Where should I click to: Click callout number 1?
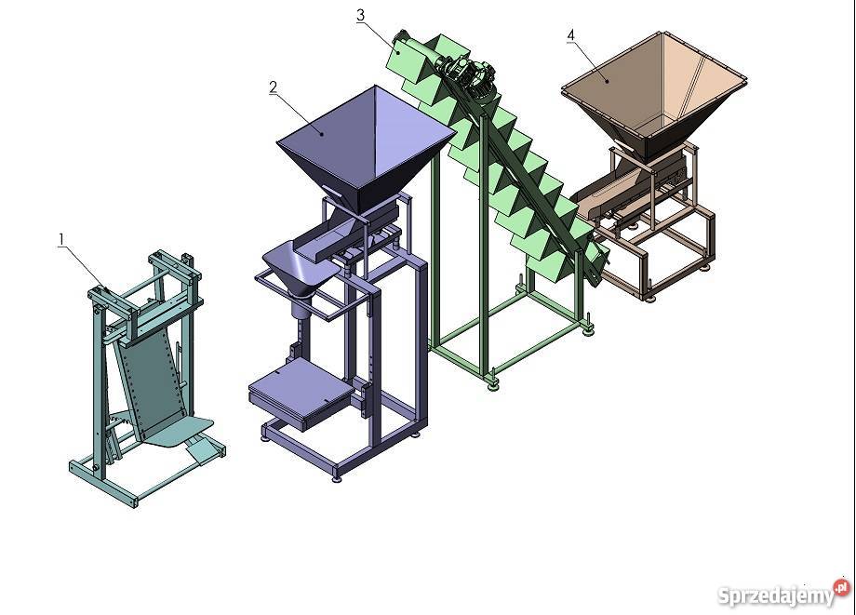tap(61, 239)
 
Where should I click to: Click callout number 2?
tap(273, 87)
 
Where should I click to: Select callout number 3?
tap(360, 15)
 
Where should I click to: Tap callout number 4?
tap(571, 35)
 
